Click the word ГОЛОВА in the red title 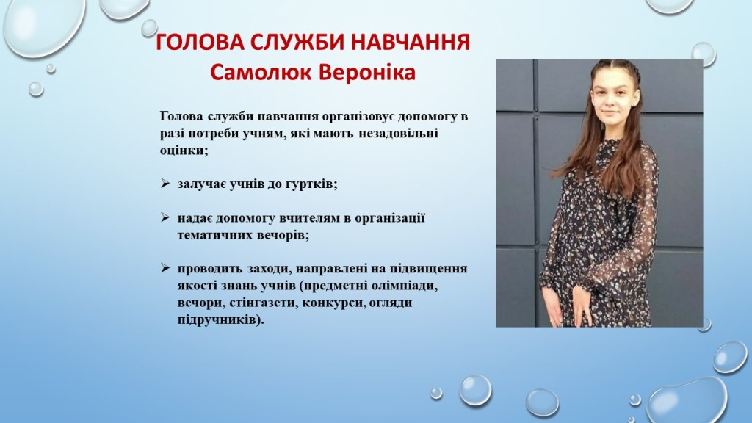click(200, 42)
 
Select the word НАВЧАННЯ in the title click(411, 42)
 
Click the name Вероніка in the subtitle click(367, 73)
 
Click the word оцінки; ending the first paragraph click(184, 151)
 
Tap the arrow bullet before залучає click(165, 183)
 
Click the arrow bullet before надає click(165, 217)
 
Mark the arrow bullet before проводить click(165, 268)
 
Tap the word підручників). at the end click(220, 320)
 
